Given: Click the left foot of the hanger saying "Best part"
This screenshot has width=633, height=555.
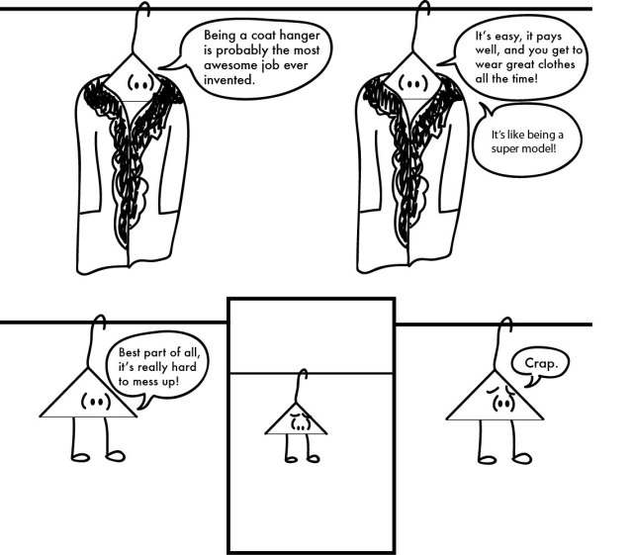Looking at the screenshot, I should pos(79,457).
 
